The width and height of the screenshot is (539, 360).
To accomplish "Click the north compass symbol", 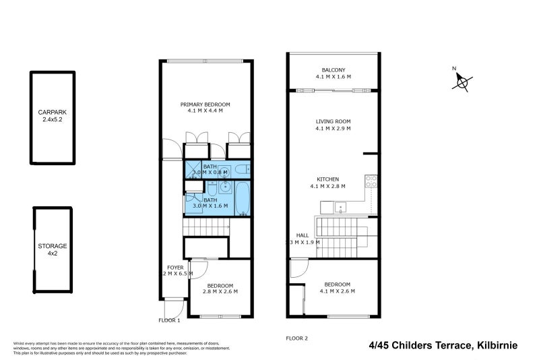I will tap(462, 80).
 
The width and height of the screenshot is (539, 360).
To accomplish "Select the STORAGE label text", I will tap(52, 246).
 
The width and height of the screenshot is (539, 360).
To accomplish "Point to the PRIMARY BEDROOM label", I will tap(205, 104).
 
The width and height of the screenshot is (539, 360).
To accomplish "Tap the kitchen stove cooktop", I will tap(371, 181).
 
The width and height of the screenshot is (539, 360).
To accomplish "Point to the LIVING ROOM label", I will tap(333, 122).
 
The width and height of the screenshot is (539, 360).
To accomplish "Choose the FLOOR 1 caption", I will tap(170, 320).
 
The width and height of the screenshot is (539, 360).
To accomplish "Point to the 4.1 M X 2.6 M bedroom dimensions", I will tap(337, 291).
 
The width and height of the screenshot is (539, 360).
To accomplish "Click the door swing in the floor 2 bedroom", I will tap(297, 270).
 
